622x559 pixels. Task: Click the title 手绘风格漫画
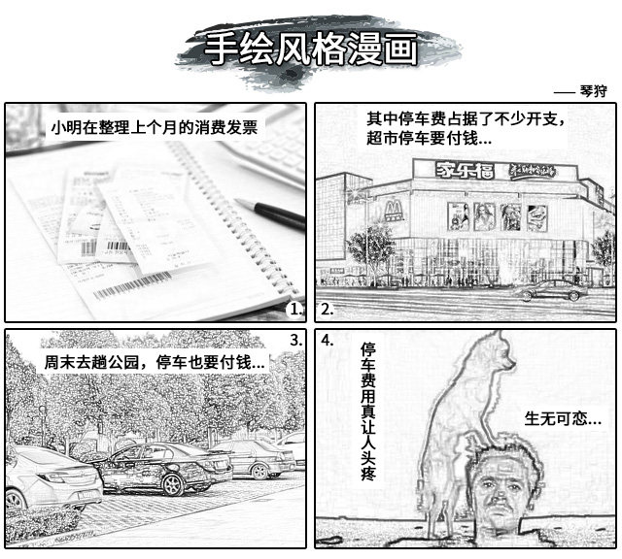coord(311,49)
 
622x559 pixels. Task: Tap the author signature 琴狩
coord(593,91)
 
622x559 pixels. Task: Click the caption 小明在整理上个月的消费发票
coord(155,127)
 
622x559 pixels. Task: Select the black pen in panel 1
coord(271,214)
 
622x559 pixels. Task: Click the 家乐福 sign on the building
coord(465,171)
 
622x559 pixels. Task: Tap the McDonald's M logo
coord(394,212)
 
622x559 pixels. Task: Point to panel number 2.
coord(327,310)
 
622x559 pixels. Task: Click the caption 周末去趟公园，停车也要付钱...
coord(155,362)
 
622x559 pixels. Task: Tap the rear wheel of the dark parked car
coord(173,484)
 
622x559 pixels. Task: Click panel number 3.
coord(295,340)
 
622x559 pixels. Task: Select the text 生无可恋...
coord(563,418)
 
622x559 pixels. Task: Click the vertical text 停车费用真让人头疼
coord(368,412)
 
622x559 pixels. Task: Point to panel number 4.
coord(328,340)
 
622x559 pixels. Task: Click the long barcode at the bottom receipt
coord(133,285)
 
